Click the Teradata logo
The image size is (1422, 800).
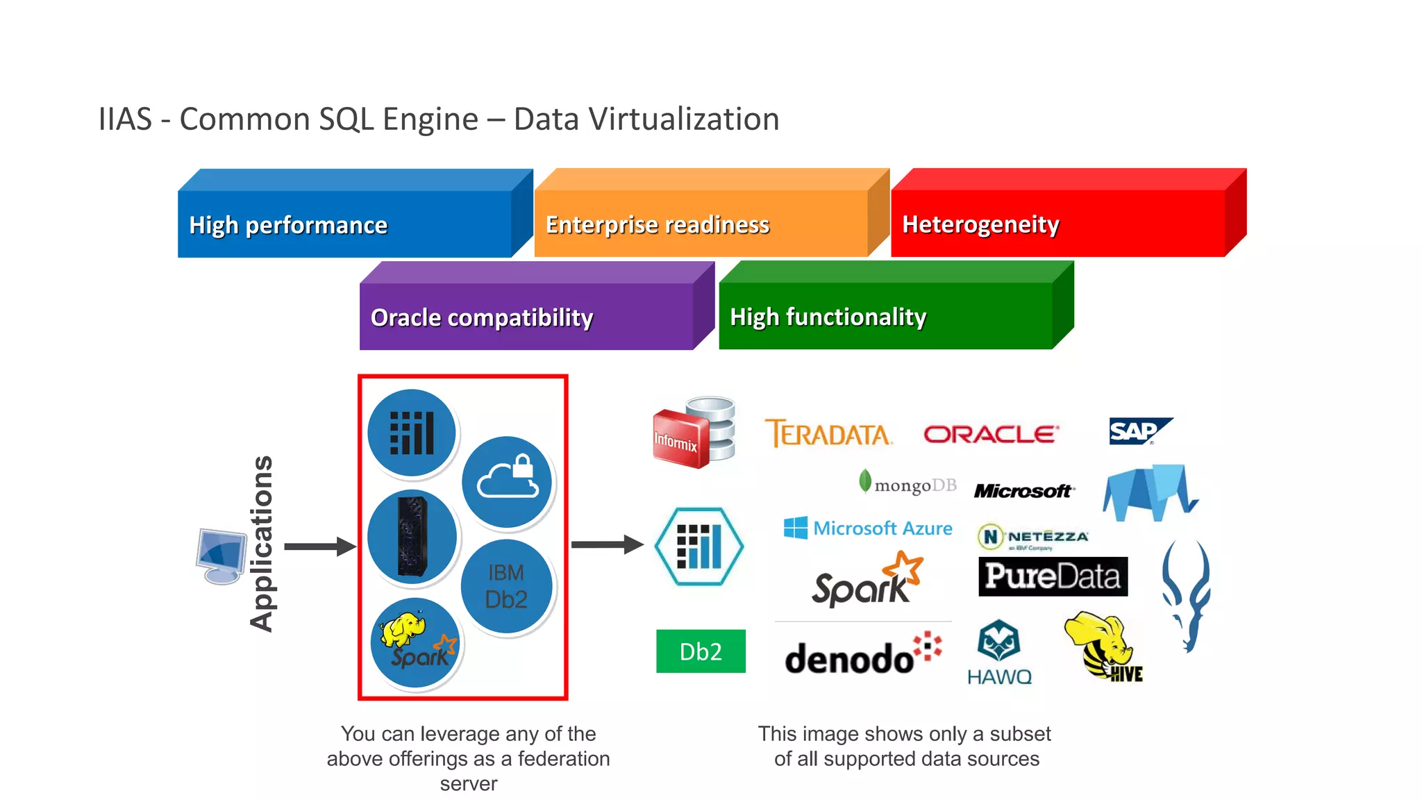828,434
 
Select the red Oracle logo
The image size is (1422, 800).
991,435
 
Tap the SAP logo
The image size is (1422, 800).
1139,431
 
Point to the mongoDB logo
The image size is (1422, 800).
907,484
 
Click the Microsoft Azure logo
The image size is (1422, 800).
868,528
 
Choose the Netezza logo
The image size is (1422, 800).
1033,537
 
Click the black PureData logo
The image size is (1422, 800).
1053,576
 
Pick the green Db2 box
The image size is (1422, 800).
701,651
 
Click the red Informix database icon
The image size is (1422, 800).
694,433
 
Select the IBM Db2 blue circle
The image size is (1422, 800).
506,586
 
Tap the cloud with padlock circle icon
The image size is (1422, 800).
507,481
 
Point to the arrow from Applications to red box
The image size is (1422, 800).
319,547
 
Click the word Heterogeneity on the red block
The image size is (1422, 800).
980,224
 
